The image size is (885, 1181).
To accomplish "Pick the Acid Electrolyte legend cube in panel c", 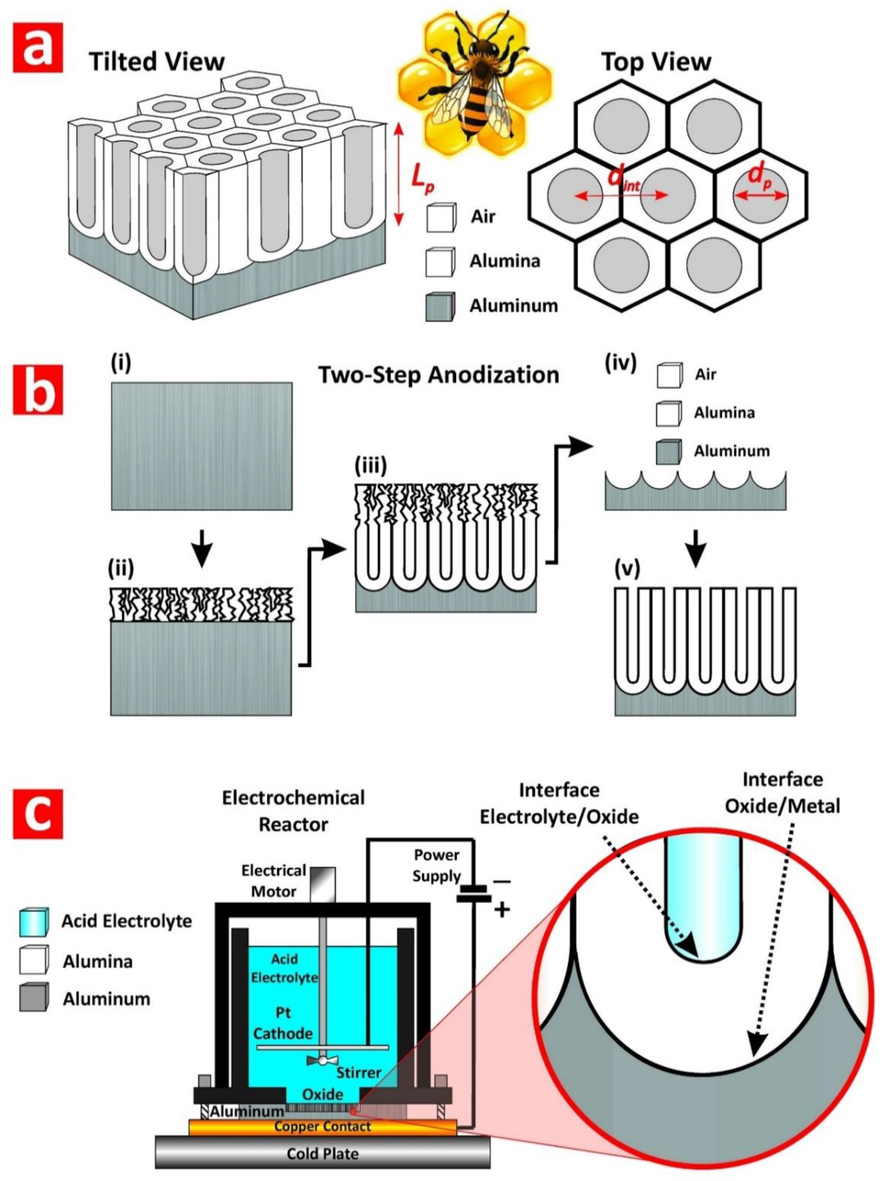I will (33, 922).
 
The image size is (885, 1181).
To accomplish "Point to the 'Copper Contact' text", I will (322, 1126).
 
